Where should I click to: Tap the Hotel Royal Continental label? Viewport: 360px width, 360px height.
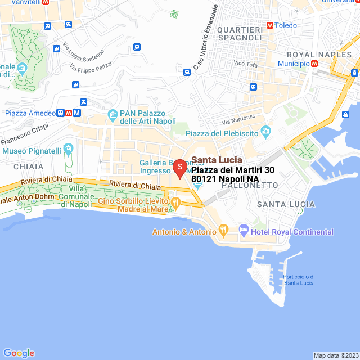click(x=293, y=232)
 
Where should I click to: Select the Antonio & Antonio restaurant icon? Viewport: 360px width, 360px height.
click(x=223, y=229)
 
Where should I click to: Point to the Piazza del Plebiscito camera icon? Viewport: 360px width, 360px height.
click(x=265, y=133)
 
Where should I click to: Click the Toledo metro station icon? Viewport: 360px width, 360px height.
click(x=270, y=25)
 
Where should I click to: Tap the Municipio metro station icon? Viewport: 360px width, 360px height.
click(x=314, y=64)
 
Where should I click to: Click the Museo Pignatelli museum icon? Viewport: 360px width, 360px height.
click(x=69, y=150)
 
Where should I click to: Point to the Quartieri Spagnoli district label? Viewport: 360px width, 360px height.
click(x=239, y=33)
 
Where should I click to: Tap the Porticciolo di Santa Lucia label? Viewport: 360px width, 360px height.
click(x=299, y=279)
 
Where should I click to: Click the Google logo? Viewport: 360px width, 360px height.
click(x=19, y=353)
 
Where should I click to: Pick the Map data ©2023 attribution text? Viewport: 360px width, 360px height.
click(x=335, y=355)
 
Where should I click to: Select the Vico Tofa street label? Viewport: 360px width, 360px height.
click(x=246, y=64)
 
